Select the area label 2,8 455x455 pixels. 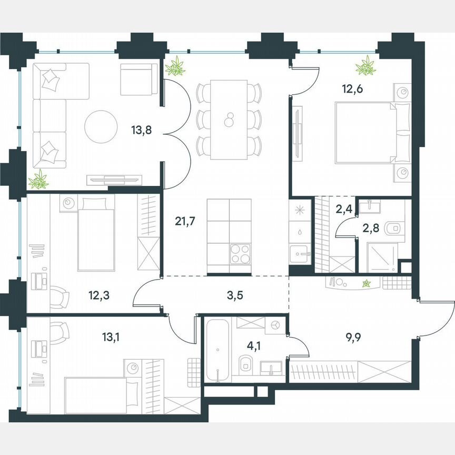[369, 227]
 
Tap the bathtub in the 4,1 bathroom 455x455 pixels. [216, 350]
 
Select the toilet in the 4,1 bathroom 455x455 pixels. [245, 364]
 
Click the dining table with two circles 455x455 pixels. [229, 120]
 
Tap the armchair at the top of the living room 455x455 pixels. [139, 79]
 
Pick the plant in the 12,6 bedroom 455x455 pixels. [365, 66]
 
